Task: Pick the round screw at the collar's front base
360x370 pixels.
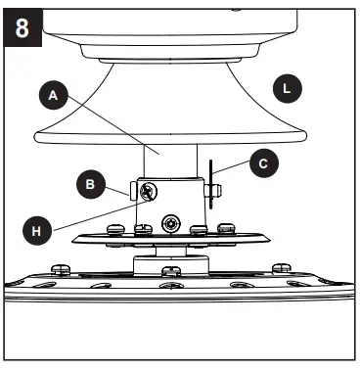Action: click(173, 224)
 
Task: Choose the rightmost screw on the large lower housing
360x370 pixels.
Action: click(281, 266)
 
